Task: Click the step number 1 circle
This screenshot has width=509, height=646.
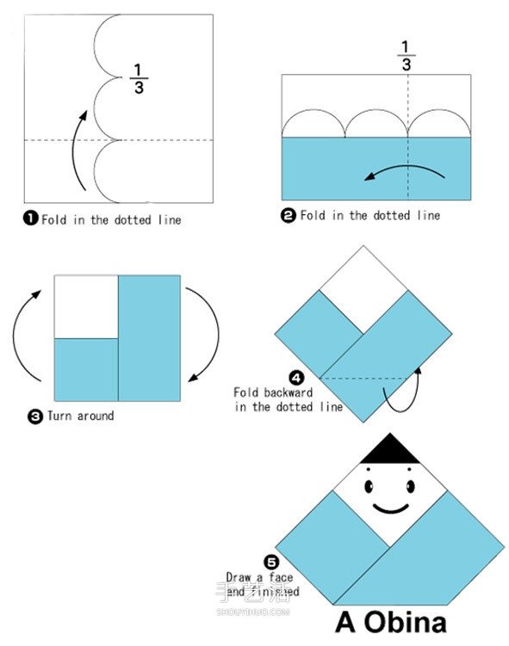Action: click(x=30, y=218)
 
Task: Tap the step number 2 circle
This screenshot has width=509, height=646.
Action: click(x=289, y=215)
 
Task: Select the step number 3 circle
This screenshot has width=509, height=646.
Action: click(x=35, y=416)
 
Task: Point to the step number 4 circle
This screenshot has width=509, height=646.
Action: click(x=296, y=378)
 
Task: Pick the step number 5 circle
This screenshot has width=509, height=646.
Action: click(x=271, y=562)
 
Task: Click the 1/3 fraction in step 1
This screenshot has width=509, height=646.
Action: click(x=139, y=78)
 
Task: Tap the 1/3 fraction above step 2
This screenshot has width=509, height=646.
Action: click(x=407, y=56)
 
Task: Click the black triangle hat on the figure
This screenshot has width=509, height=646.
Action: click(x=390, y=449)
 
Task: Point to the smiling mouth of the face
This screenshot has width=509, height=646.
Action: click(x=391, y=509)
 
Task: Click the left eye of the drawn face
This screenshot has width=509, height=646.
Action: click(x=369, y=486)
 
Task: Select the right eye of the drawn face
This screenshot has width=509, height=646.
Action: click(x=411, y=486)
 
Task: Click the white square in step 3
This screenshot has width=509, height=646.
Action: click(x=86, y=307)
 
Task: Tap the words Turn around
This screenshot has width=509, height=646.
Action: click(x=80, y=416)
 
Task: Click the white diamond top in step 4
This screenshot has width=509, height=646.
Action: click(x=363, y=288)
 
